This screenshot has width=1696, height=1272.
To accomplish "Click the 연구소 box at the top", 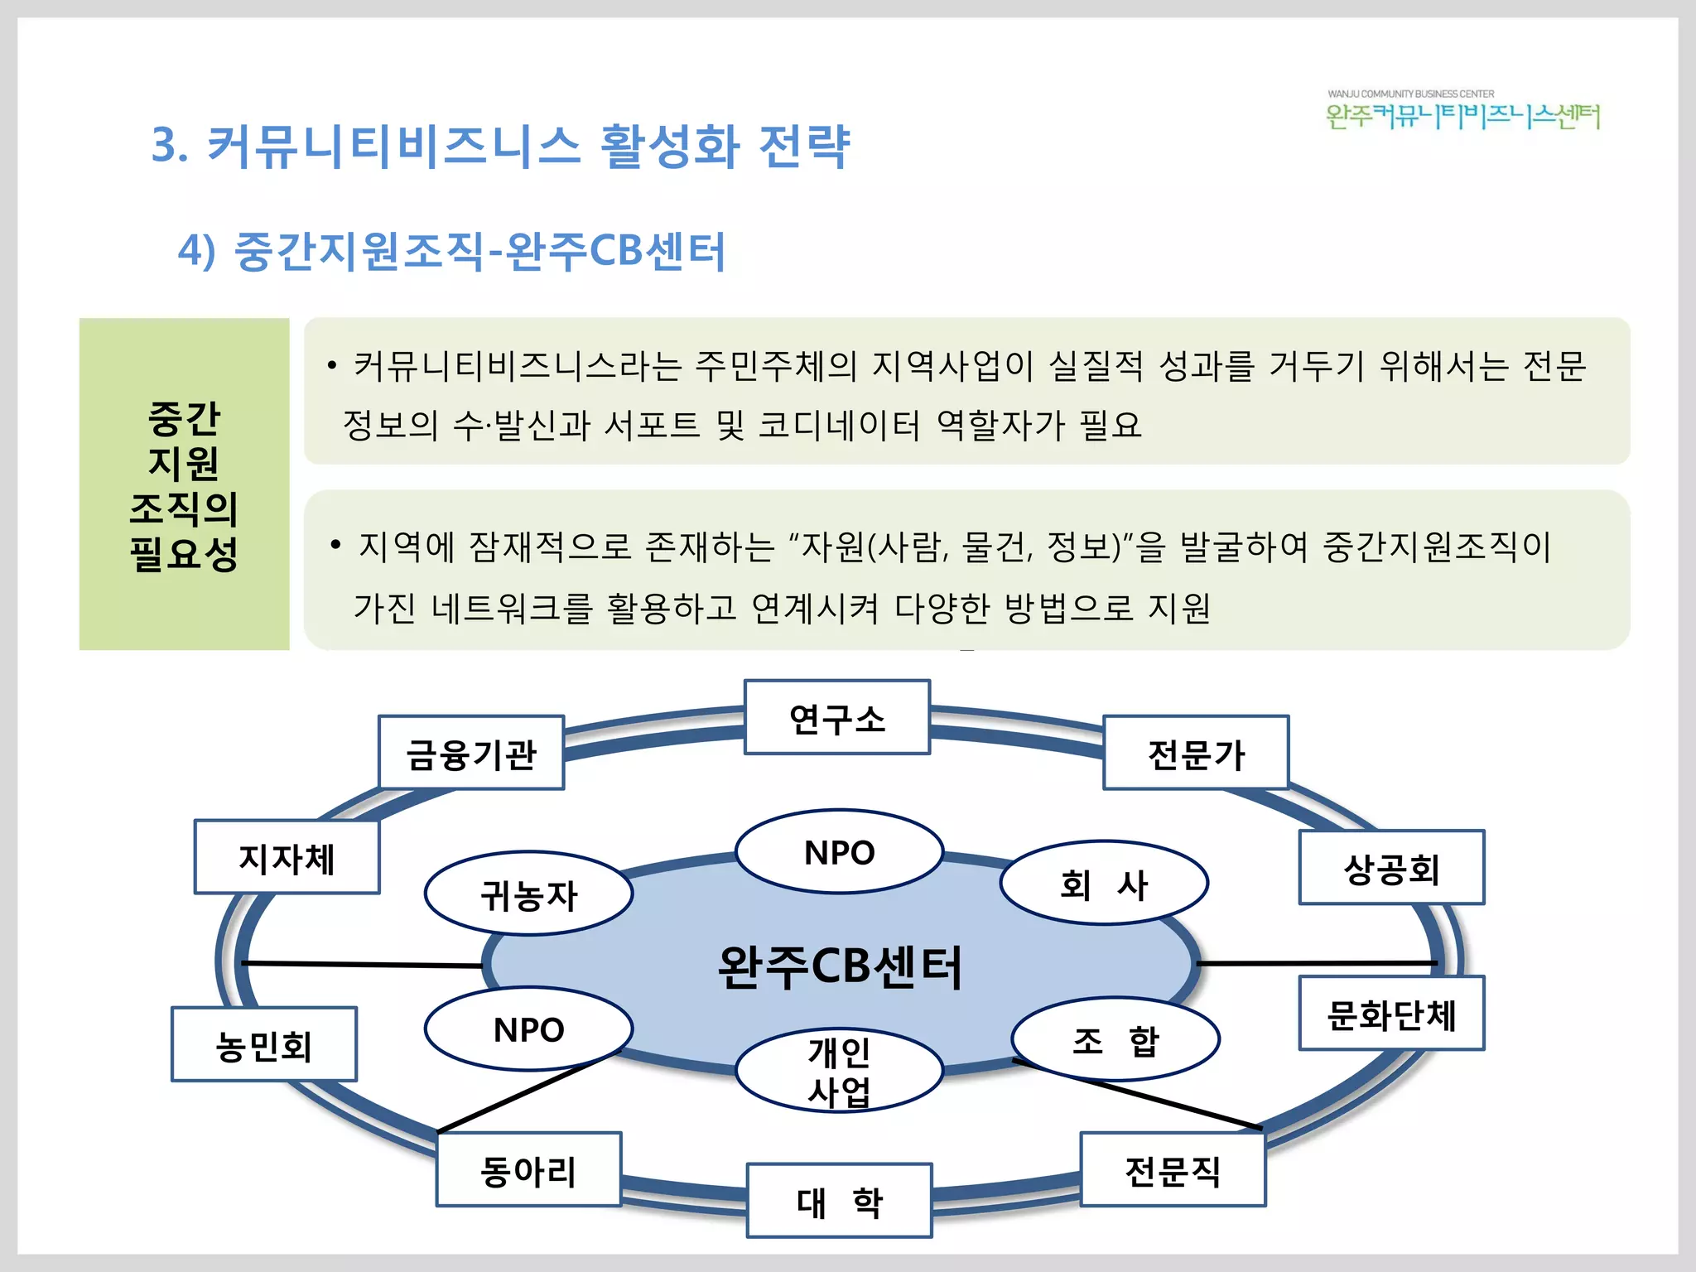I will [837, 717].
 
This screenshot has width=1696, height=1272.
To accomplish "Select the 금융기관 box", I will [471, 753].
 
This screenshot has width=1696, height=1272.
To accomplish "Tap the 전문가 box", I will [1196, 753].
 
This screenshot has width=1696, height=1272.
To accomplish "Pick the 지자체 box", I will [287, 857].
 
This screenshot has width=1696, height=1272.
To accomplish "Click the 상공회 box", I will [1391, 868].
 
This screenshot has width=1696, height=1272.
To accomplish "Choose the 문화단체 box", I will [1391, 1014].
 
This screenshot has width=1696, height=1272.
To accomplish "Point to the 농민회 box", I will [263, 1044].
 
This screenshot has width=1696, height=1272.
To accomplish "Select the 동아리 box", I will [528, 1169].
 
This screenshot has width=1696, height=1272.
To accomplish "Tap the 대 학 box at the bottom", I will [839, 1201].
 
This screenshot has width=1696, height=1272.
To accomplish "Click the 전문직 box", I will [1173, 1169].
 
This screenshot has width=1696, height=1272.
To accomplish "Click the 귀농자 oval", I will [528, 894].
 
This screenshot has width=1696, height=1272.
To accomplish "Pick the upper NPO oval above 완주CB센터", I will [839, 851].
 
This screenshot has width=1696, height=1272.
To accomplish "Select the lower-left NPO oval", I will [528, 1029].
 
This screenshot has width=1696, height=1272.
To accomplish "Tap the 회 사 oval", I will [1104, 883].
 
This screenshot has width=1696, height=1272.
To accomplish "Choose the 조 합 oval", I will [1115, 1039].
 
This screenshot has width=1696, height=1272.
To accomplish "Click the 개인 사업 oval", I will [839, 1071].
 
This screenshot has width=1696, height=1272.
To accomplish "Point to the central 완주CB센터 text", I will [839, 966].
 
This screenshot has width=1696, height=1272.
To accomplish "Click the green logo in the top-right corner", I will [1462, 112].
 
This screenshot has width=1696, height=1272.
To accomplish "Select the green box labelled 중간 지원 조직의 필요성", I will [184, 484].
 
